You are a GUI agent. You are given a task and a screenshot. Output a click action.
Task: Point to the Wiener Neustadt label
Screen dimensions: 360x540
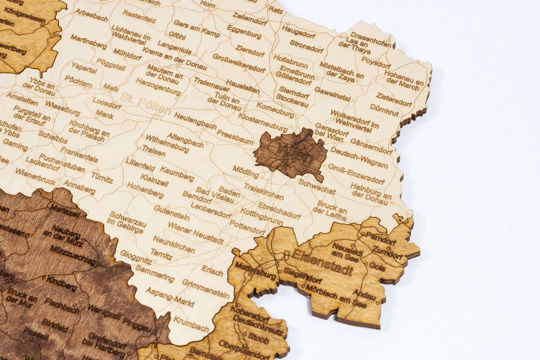196,233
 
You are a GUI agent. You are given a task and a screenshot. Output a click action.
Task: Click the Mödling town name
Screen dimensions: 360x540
246,172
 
